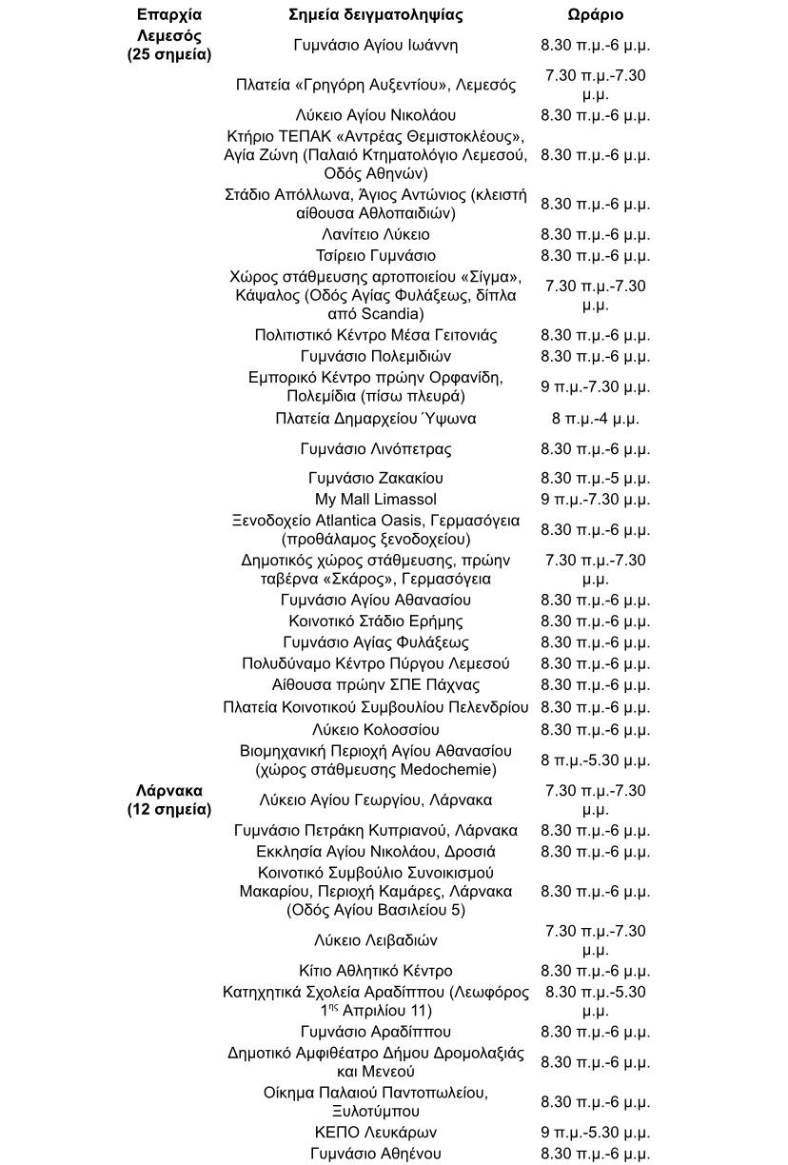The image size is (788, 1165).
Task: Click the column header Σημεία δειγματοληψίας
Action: coord(375,15)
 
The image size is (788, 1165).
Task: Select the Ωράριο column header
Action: coord(595,15)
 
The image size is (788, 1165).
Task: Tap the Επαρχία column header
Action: coord(169,15)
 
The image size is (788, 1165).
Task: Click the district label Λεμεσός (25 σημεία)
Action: coord(169,45)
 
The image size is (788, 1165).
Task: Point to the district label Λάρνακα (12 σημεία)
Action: coord(169,800)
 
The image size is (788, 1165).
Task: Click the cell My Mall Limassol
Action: coord(375,499)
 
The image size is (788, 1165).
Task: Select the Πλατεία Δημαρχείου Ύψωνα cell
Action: coord(375,419)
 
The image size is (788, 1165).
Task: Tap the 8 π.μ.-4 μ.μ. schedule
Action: coord(595,419)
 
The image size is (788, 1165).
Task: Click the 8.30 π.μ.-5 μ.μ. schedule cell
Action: coord(595,478)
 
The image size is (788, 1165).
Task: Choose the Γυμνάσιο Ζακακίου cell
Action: coord(375,478)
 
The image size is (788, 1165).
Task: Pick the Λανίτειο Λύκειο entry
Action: coord(375,234)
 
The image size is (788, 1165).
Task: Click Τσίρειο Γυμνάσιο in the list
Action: coord(375,255)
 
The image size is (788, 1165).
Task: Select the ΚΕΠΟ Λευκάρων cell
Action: coord(375,1133)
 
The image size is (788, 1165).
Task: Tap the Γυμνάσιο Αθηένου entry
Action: coord(375,1154)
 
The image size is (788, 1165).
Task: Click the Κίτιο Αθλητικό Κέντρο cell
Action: coord(375,971)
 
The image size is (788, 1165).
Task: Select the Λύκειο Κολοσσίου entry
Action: coord(375,730)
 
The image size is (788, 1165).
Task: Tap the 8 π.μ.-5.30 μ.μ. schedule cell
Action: coord(595,760)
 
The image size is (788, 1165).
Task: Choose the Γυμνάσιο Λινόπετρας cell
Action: coord(375,449)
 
